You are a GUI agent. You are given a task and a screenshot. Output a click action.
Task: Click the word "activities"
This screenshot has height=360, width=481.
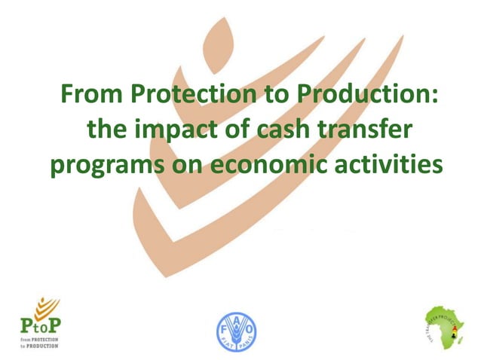tap(386, 165)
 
